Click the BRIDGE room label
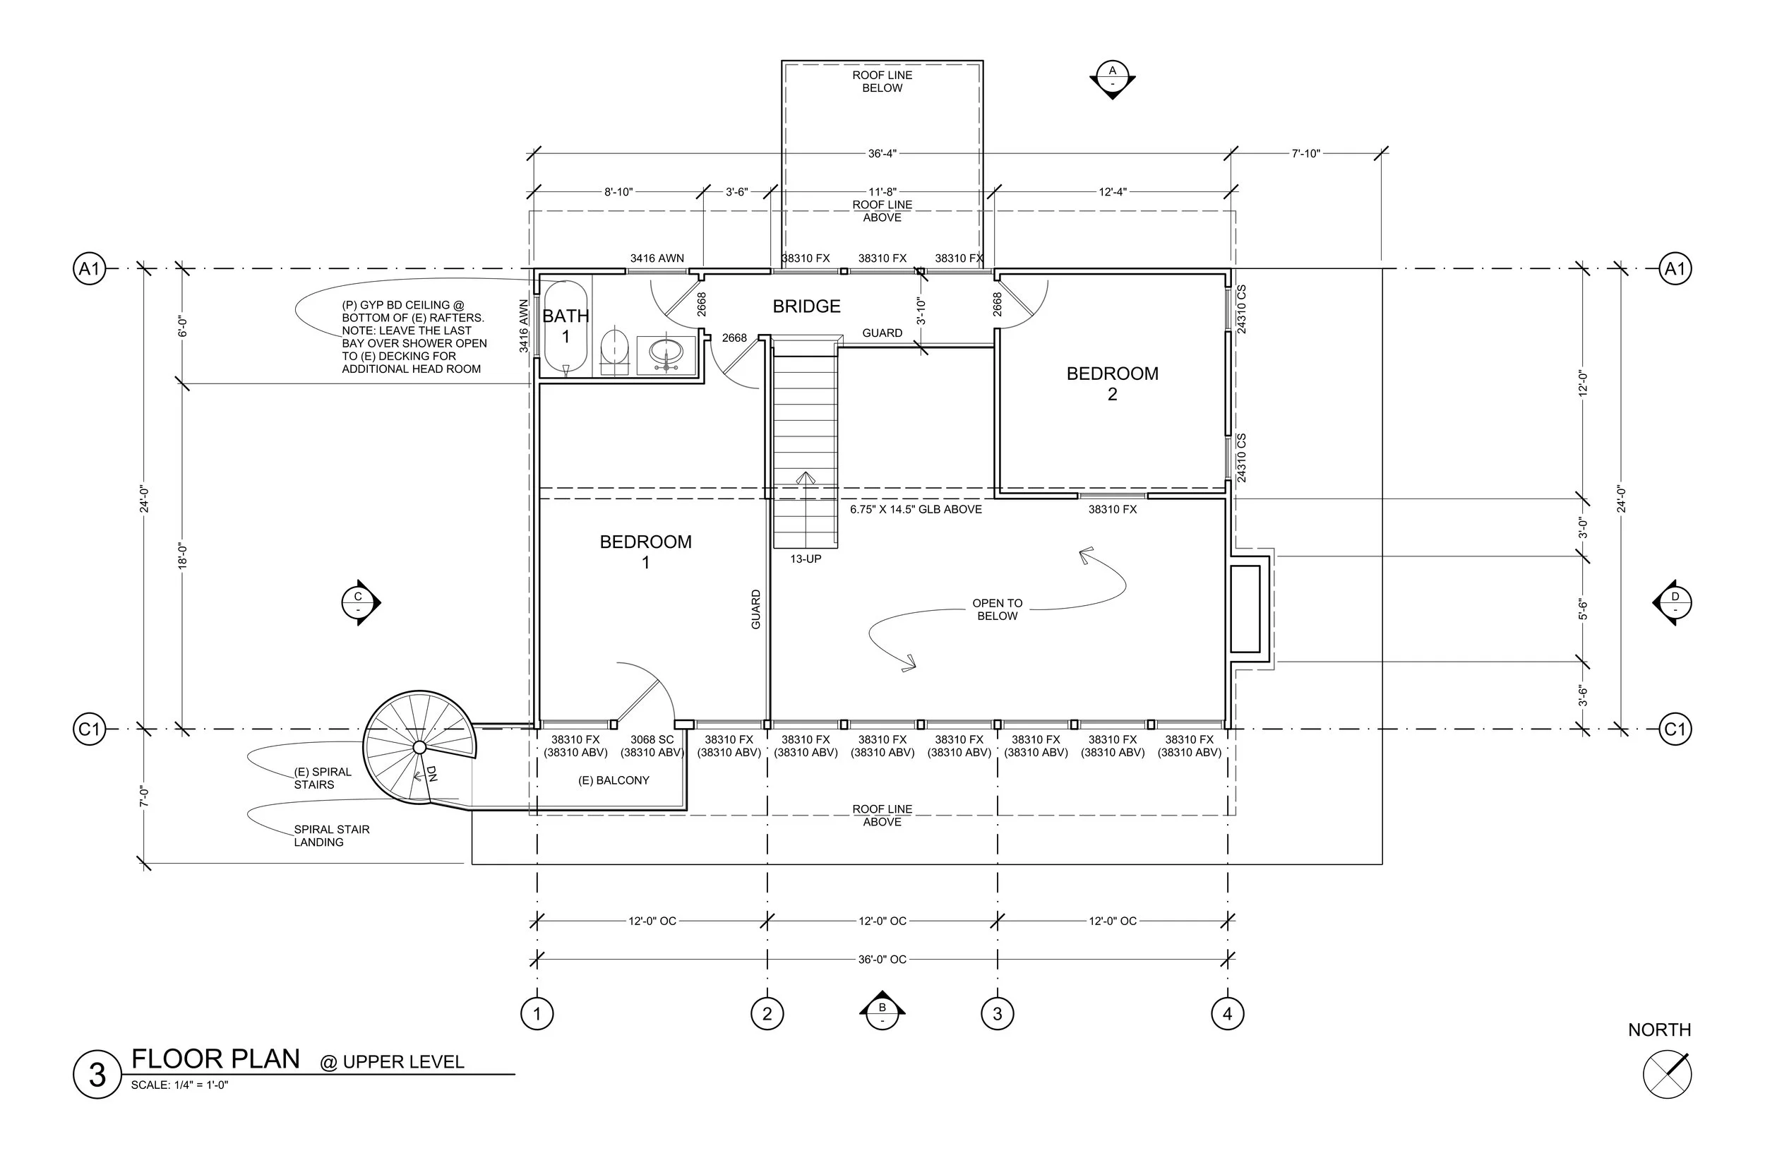point(806,306)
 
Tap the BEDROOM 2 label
point(1113,383)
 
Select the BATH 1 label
point(566,326)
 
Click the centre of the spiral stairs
point(419,746)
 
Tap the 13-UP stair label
point(806,559)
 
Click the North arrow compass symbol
point(1667,1075)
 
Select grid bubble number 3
point(998,1013)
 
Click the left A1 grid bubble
point(89,268)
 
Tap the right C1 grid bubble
point(1675,729)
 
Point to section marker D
point(1674,602)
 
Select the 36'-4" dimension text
point(882,153)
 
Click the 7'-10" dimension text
point(1305,153)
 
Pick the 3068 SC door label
point(652,739)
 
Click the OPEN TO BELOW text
point(998,609)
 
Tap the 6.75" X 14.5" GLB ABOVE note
point(916,510)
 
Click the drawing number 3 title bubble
point(97,1075)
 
